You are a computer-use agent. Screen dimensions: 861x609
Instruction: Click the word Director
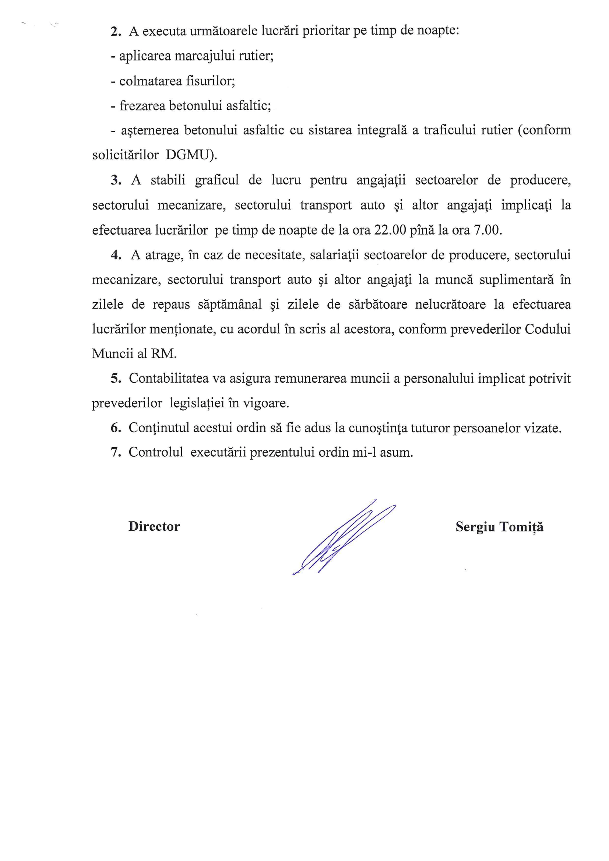[x=154, y=527]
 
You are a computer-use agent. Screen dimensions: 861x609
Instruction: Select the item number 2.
[x=116, y=32]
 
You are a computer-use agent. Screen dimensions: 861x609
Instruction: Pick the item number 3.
[x=116, y=180]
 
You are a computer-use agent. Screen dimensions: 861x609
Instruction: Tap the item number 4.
[x=116, y=255]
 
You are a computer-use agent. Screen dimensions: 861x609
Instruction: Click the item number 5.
[x=116, y=379]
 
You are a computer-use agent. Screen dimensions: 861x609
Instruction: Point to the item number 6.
[x=116, y=428]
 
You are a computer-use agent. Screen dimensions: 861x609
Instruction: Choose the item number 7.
[x=116, y=453]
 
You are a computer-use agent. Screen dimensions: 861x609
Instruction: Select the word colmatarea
[x=150, y=81]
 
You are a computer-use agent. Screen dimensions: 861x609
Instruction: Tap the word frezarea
[x=142, y=106]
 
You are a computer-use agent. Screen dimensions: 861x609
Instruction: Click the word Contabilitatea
[x=168, y=379]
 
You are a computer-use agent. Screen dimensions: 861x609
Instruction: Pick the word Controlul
[x=156, y=453]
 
